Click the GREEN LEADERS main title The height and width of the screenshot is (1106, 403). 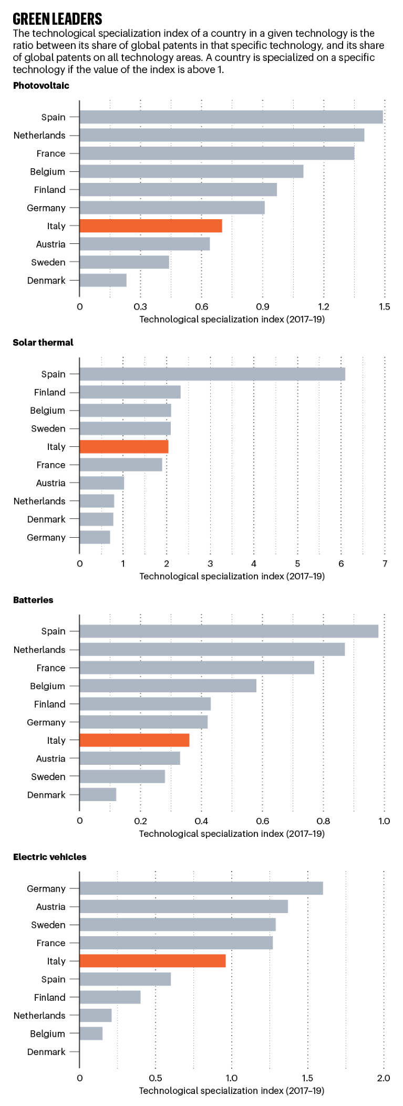57,19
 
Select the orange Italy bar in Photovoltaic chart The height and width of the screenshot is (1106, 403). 151,226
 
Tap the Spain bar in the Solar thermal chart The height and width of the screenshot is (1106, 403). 212,374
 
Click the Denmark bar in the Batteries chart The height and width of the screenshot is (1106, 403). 98,795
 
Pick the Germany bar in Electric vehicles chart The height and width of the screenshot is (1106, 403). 201,888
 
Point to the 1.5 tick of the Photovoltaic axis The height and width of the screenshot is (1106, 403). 384,307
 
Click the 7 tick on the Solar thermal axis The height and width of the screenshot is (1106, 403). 385,564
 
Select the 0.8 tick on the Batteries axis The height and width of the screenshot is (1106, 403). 323,821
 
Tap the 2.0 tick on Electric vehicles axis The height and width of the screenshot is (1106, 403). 384,1078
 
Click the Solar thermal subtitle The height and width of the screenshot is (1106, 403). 43,343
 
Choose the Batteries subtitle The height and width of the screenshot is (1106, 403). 33,600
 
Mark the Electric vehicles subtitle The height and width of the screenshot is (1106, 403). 49,857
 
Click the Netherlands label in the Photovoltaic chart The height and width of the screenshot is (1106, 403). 39,136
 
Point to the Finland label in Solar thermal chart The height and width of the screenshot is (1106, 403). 50,393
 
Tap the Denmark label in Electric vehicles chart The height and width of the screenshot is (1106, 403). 46,1052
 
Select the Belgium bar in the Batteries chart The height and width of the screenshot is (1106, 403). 168,686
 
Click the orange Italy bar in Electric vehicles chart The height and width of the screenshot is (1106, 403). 152,961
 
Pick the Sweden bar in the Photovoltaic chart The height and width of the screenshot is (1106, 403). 124,262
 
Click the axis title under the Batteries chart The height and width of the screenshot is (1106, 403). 232,834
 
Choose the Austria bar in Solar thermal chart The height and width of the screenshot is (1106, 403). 101,483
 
